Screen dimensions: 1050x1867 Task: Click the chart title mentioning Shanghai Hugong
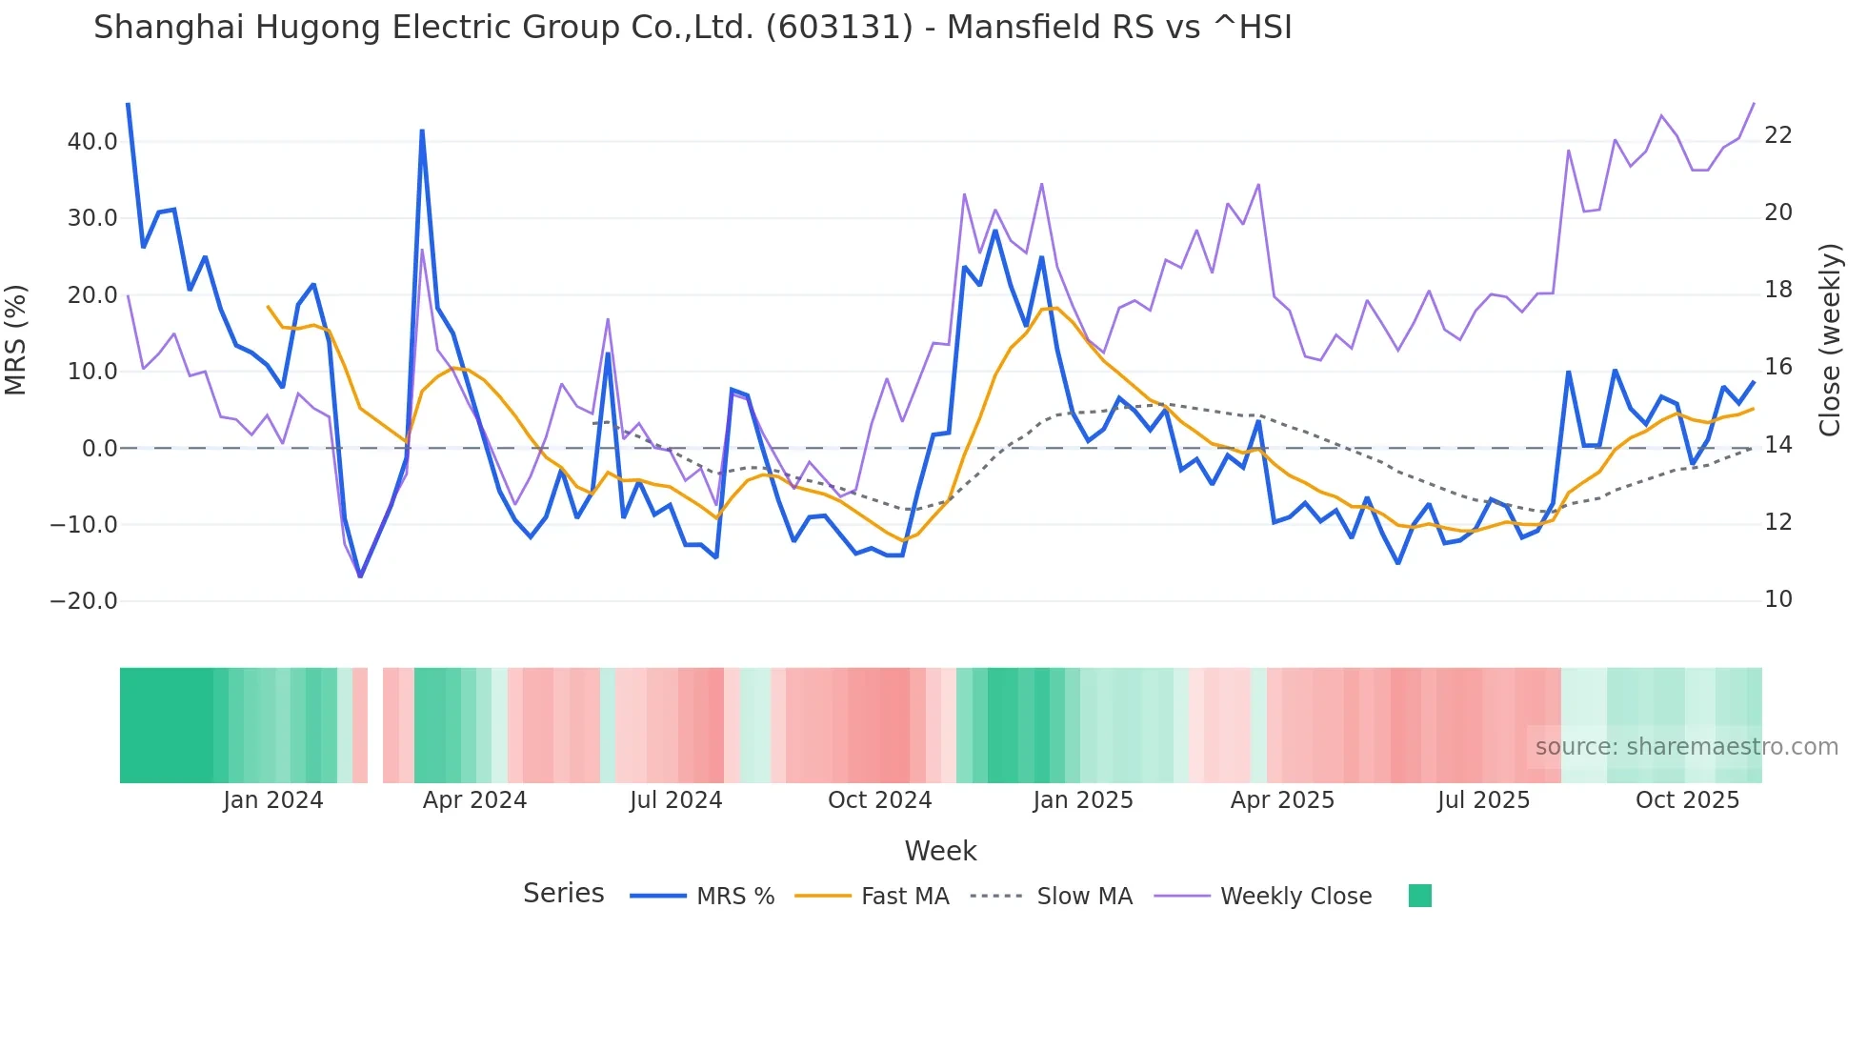pos(693,28)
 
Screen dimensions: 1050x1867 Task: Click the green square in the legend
pos(1419,896)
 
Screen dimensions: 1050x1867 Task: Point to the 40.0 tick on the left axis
pos(92,142)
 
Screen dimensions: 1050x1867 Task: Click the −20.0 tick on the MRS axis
pos(84,601)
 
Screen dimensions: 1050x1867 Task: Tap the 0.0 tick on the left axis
pos(99,449)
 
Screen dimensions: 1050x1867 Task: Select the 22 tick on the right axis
pos(1777,135)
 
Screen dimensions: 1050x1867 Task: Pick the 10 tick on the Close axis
pos(1777,599)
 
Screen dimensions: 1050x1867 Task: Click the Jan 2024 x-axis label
pos(273,800)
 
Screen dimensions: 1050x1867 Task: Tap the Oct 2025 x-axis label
pos(1687,800)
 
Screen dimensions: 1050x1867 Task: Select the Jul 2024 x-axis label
pos(675,800)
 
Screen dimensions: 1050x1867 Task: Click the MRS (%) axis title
pos(16,339)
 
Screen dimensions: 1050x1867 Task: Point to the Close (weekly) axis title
pos(1830,340)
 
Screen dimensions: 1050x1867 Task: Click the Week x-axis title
pos(940,851)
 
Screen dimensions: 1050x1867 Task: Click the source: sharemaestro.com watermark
pos(1686,747)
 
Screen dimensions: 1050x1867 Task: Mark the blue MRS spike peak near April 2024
pos(422,131)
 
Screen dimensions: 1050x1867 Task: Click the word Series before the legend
pos(563,894)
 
